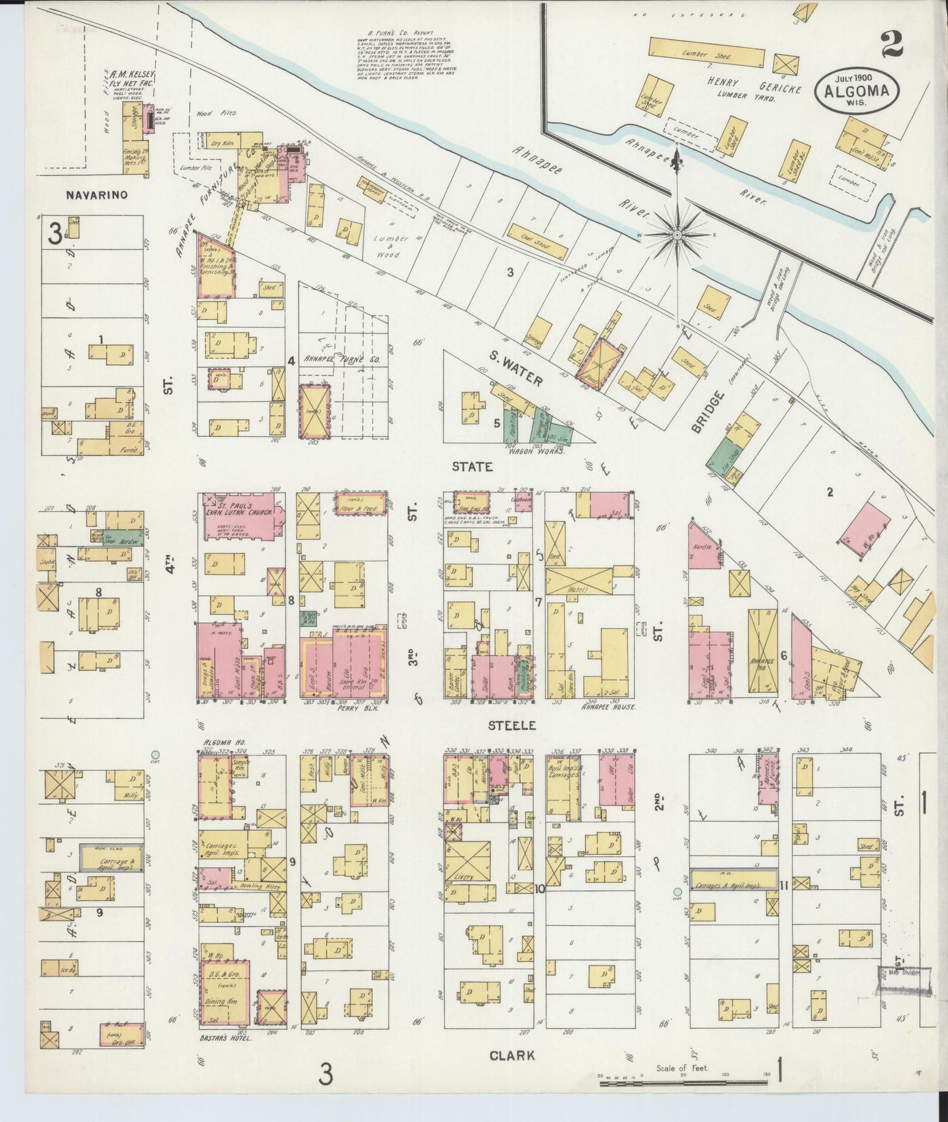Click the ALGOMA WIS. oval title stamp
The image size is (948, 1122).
point(857,91)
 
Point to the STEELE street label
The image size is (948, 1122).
point(511,725)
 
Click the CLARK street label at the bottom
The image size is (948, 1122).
point(512,1056)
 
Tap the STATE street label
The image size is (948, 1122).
point(472,467)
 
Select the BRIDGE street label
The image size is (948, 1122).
point(708,411)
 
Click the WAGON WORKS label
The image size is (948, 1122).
point(534,451)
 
